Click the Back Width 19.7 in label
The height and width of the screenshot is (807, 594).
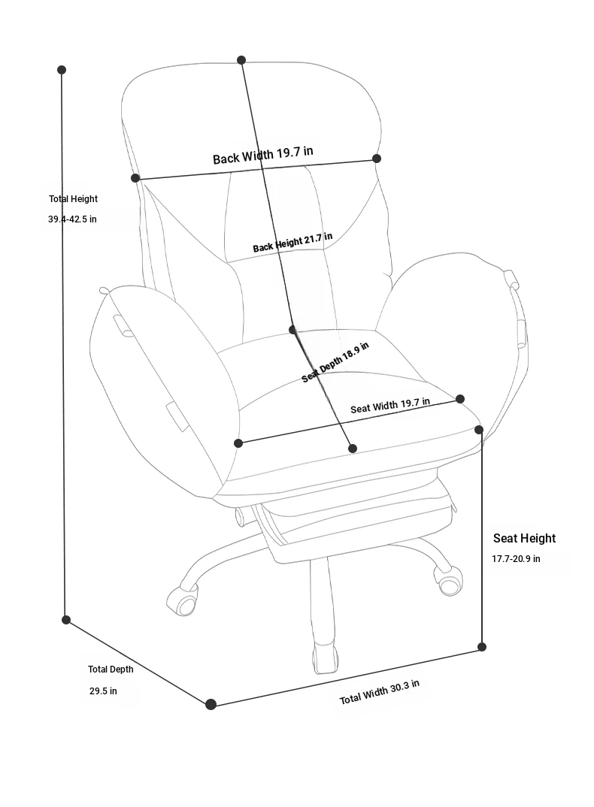262,155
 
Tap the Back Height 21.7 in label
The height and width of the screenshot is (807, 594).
292,243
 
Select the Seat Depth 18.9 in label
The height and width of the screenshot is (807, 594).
335,362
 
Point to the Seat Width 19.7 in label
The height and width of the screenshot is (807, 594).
390,406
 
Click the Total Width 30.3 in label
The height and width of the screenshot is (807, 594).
379,692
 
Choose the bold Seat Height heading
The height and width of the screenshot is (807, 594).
525,538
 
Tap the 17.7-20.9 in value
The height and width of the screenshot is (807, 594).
516,559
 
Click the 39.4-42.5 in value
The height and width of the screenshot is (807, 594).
72,219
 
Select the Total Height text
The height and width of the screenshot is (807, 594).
73,199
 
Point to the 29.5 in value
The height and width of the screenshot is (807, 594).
103,691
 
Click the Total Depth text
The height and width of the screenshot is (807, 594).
111,669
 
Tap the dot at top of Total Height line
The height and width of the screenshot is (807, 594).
62,70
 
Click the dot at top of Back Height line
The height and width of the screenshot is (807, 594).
241,60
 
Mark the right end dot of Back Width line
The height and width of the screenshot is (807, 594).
377,159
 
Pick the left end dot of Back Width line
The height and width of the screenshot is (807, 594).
135,178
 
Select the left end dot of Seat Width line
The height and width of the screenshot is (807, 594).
238,443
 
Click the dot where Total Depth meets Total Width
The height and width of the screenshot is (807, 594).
211,704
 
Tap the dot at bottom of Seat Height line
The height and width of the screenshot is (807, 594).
482,647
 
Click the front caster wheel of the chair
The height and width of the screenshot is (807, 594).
326,657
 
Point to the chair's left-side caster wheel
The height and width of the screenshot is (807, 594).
181,600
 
